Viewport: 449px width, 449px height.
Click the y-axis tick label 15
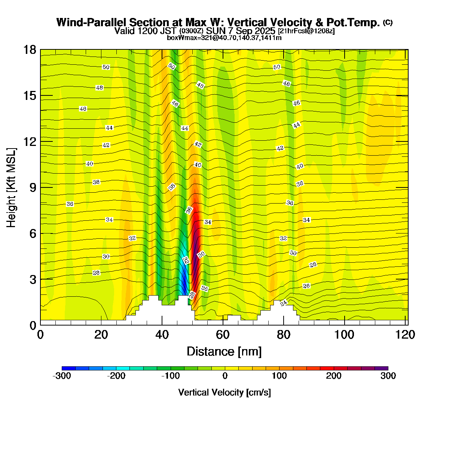[x=30, y=96]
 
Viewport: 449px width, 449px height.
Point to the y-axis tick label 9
[x=33, y=187]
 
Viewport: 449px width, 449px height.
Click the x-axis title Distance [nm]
[x=224, y=352]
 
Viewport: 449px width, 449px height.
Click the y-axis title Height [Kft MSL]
[x=12, y=187]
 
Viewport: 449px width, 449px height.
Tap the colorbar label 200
[x=334, y=376]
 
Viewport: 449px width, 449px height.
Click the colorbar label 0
[x=225, y=376]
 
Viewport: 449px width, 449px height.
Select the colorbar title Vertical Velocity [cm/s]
[x=224, y=393]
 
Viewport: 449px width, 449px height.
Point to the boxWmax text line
[x=224, y=38]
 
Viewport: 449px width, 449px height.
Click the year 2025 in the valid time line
[x=265, y=31]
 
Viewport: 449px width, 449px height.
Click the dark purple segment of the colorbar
[x=381, y=368]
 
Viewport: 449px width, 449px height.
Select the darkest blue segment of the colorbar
[x=68, y=368]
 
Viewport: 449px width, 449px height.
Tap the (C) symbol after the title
[x=388, y=22]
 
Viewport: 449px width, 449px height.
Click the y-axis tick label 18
[x=30, y=50]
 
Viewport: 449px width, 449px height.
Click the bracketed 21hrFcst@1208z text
[x=306, y=31]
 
